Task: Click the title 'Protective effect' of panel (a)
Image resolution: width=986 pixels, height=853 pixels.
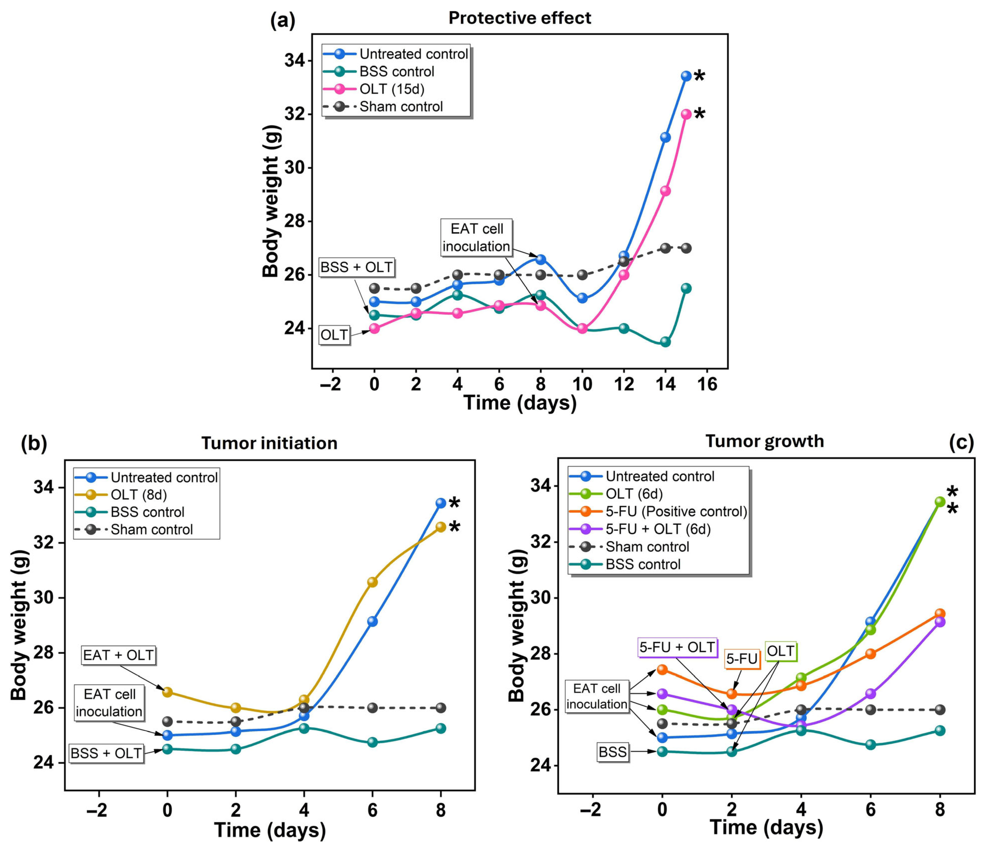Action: point(520,18)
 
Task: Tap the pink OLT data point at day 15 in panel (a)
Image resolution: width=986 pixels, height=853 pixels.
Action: point(686,114)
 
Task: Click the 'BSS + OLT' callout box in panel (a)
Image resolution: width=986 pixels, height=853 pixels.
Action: point(356,268)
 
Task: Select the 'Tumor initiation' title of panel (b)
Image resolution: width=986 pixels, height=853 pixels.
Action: point(269,444)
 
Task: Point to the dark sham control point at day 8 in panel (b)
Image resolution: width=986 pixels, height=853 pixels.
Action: point(441,708)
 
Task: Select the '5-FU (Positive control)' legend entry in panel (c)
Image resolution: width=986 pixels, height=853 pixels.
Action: point(676,512)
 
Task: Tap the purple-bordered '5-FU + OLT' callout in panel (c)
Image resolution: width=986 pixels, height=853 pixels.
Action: point(677,647)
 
